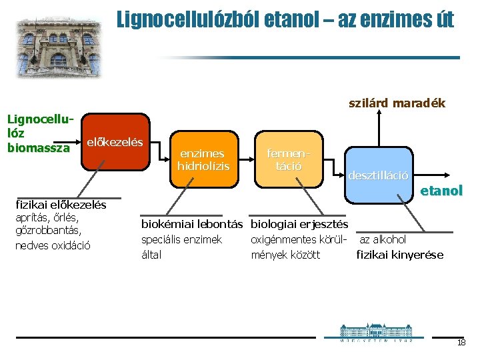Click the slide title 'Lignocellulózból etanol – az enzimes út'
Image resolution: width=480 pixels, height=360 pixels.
coord(285,19)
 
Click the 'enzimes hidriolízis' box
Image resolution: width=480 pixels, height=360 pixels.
coord(203,159)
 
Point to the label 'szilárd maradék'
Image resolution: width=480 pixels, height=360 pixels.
coord(397,103)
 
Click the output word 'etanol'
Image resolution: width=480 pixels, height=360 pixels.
coord(441,191)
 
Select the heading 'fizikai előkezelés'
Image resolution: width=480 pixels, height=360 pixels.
coord(61,204)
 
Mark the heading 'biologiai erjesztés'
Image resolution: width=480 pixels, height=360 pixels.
coord(299,225)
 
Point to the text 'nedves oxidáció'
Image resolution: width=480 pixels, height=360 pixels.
coord(53,245)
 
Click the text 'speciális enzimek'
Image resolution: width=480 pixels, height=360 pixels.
coord(181,239)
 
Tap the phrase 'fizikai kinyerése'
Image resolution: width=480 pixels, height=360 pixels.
coord(399,254)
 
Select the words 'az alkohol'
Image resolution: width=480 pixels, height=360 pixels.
coord(383,239)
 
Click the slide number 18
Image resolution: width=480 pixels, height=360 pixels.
coord(461,343)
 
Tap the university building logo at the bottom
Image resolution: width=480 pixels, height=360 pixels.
coord(376,331)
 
